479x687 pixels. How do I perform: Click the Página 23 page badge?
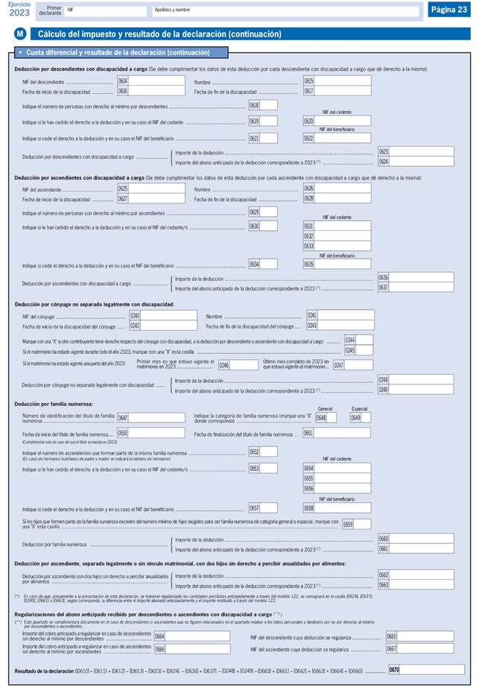[448, 9]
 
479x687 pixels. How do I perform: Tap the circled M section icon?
[20, 34]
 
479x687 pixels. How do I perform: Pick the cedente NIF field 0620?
[343, 121]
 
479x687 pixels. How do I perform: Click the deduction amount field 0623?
[421, 151]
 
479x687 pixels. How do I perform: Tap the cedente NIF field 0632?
[343, 235]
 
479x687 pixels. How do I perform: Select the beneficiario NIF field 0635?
[343, 264]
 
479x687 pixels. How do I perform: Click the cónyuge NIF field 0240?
[169, 316]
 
